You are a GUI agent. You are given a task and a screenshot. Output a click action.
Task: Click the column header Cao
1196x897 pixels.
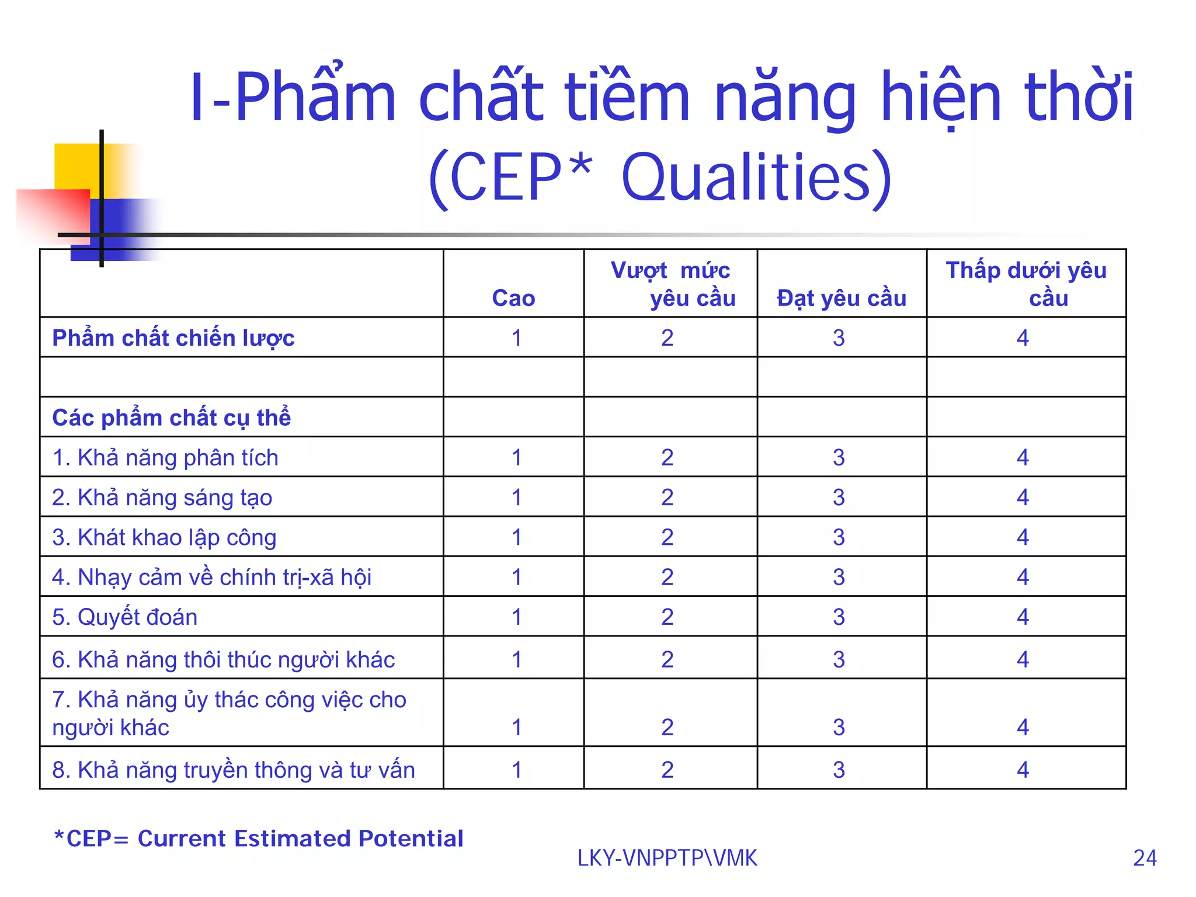tap(513, 298)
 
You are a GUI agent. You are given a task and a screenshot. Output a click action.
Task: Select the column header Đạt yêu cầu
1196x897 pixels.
tap(842, 298)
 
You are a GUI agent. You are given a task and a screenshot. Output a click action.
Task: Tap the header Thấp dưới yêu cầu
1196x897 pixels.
tap(1026, 284)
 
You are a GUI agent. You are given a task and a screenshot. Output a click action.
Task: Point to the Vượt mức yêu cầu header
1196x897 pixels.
tap(672, 284)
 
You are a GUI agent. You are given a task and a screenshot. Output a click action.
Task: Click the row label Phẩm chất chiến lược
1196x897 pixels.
tap(173, 338)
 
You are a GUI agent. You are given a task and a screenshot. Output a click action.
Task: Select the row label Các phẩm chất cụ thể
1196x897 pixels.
tap(172, 418)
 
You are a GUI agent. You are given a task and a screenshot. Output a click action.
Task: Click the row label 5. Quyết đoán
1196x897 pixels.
tap(124, 617)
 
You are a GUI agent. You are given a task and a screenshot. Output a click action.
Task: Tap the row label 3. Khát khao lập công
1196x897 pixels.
tap(164, 537)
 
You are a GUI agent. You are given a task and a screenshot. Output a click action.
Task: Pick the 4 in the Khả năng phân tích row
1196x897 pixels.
tap(1023, 457)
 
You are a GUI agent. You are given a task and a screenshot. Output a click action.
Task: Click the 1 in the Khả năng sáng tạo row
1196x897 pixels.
tap(516, 497)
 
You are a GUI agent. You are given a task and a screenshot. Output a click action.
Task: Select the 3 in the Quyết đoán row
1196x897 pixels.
tap(839, 617)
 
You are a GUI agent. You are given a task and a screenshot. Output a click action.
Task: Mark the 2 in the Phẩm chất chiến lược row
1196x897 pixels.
tap(667, 338)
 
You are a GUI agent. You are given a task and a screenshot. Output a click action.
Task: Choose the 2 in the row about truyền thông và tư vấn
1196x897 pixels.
tap(667, 770)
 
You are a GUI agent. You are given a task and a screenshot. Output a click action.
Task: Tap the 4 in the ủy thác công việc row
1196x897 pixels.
tap(1023, 727)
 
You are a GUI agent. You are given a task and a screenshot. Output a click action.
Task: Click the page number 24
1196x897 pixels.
tap(1145, 858)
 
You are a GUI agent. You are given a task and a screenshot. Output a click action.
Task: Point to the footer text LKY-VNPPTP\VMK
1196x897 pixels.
tap(667, 858)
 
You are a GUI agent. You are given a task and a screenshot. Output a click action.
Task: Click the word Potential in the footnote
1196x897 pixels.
tap(411, 838)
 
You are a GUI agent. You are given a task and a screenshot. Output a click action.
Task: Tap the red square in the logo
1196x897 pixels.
tap(53, 211)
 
